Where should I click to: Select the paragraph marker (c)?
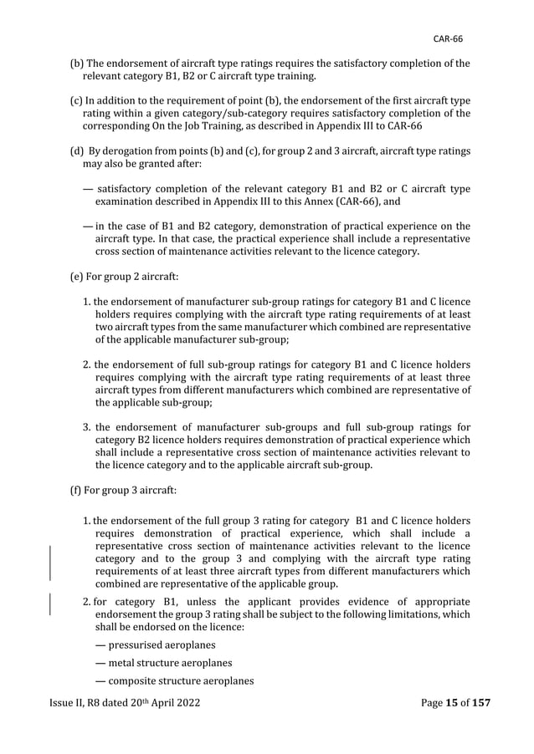74,100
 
